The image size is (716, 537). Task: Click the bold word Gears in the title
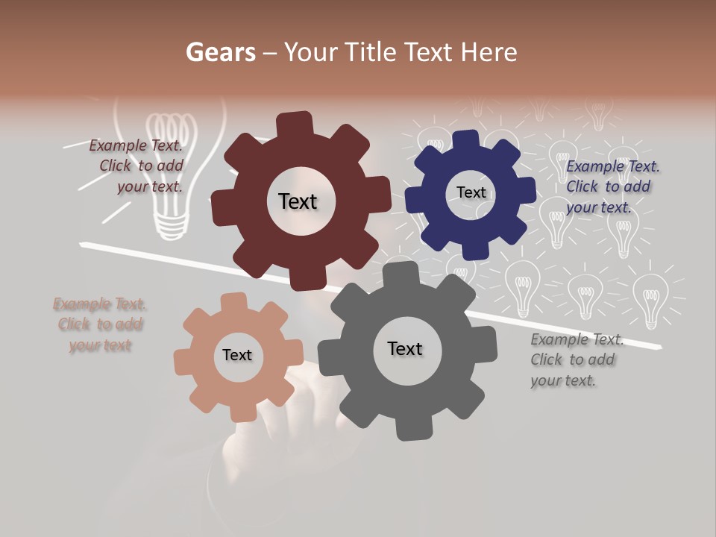tap(220, 52)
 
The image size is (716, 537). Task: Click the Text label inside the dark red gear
tap(298, 201)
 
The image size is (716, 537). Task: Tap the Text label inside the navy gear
tap(471, 192)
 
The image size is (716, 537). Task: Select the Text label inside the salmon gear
tap(237, 355)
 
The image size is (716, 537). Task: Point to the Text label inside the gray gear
tap(405, 348)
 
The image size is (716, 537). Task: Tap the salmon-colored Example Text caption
tap(100, 324)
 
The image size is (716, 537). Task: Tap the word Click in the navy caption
tap(582, 186)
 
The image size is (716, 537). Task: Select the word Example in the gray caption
tap(559, 340)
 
